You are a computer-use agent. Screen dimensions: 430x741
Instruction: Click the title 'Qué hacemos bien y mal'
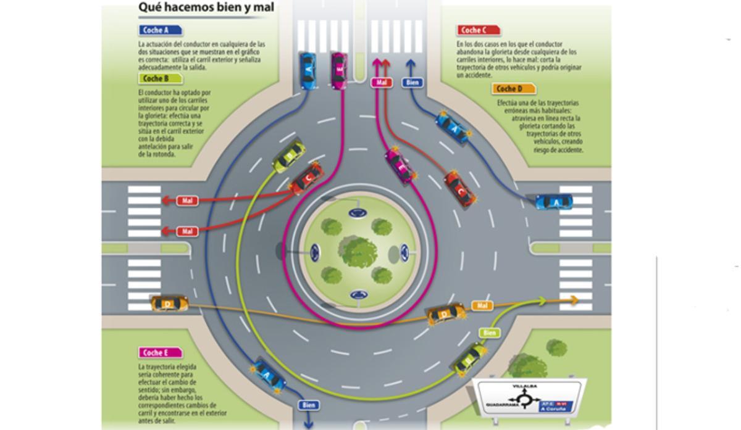206,7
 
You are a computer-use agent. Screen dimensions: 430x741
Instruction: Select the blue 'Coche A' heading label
160,30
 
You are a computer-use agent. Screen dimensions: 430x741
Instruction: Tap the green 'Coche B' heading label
160,78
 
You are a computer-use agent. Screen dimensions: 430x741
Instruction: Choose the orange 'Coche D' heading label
514,89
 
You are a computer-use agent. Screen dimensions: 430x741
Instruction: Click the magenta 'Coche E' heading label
160,353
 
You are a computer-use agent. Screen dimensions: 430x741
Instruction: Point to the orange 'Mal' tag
482,305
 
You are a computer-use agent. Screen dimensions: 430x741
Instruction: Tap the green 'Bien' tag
489,333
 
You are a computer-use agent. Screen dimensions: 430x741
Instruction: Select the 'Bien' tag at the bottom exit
309,405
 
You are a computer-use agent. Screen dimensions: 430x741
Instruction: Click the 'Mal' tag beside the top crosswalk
382,82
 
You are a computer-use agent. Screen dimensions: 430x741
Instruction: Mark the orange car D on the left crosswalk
169,303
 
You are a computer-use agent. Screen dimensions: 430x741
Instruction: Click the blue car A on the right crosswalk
554,202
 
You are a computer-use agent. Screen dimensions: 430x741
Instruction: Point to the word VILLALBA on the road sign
525,386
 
